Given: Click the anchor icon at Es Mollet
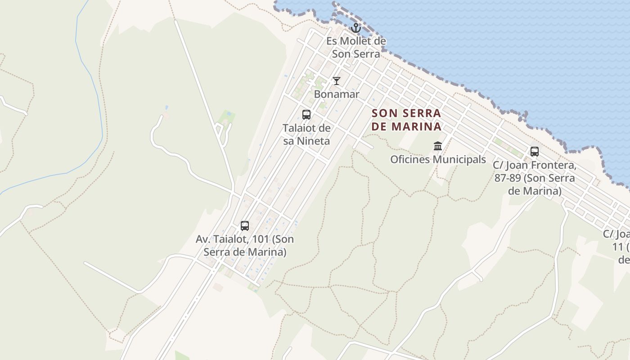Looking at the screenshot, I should click(x=356, y=28).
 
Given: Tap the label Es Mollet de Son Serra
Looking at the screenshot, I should click(x=356, y=47).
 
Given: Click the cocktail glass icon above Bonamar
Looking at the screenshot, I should click(x=336, y=81).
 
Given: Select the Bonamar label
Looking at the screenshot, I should click(x=337, y=94).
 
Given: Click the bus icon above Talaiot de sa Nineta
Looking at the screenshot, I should click(x=306, y=114).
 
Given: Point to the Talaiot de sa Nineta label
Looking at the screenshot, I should click(x=306, y=135).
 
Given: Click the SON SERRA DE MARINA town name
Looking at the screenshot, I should click(x=406, y=120).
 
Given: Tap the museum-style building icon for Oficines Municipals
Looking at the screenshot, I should click(x=438, y=146).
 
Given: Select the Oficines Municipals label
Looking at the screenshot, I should click(x=438, y=160).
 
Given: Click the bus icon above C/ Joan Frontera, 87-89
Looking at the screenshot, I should click(x=535, y=152).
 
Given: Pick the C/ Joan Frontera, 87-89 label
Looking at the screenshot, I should click(x=535, y=178).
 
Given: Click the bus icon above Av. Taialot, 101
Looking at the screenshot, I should click(x=245, y=226).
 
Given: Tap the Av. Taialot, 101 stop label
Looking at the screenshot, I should click(x=245, y=246).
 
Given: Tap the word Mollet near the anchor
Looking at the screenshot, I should click(x=356, y=41).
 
